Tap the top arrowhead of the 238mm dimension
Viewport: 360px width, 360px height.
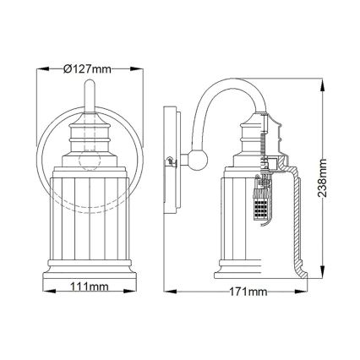pos(325,82)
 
